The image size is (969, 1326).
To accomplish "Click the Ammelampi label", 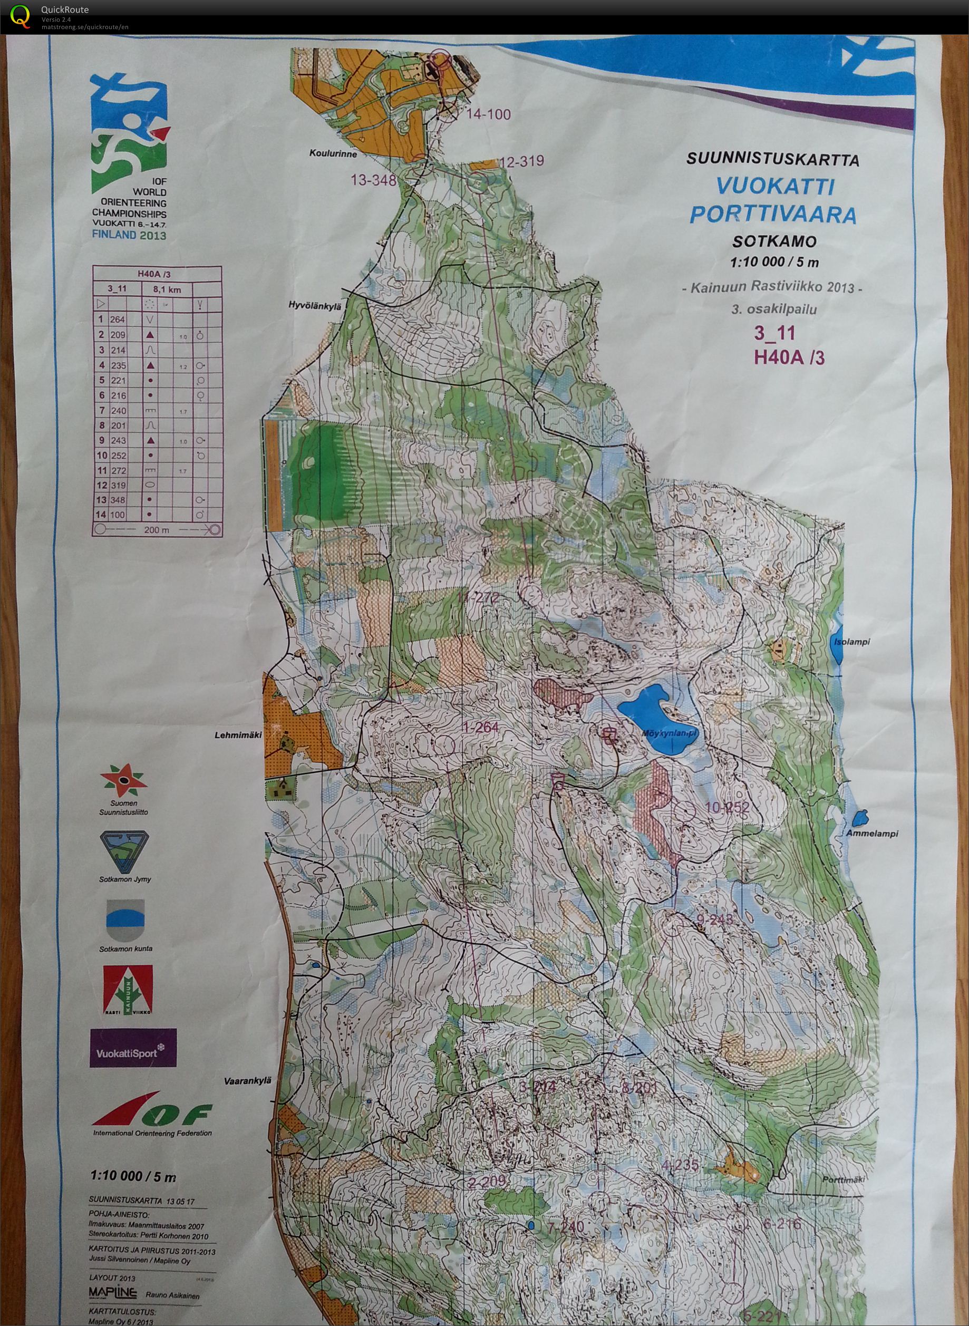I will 865,833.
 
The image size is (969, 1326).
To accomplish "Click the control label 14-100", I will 488,114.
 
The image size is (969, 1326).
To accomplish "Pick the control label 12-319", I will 521,161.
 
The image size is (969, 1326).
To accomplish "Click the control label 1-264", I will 480,728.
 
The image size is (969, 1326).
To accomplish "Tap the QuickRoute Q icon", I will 21,15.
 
